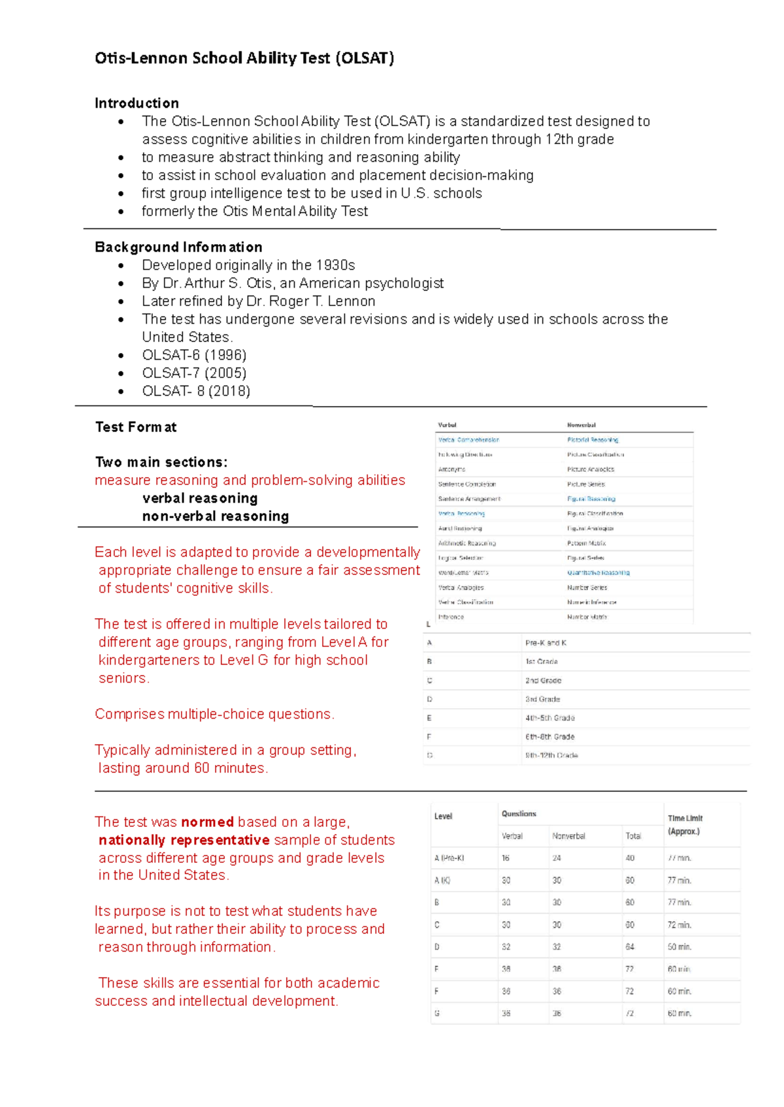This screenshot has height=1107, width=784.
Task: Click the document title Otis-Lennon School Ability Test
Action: [244, 58]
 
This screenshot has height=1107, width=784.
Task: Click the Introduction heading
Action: [137, 103]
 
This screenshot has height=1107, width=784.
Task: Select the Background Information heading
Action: [178, 247]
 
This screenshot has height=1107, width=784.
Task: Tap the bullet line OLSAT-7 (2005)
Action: [194, 373]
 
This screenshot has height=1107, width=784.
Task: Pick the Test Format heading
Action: [136, 427]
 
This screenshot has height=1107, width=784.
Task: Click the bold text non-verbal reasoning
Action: [216, 516]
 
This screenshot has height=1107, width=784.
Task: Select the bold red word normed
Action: [207, 822]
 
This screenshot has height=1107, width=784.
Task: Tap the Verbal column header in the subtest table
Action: [447, 425]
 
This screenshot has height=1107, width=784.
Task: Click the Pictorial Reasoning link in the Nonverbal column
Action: [593, 440]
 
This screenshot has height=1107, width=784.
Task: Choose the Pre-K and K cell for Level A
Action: [546, 643]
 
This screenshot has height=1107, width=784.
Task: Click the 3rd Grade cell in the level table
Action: [542, 699]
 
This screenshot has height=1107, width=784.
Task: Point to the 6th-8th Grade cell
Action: [549, 736]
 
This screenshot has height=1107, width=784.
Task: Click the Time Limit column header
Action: [685, 824]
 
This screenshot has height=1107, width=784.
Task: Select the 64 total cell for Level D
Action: [630, 946]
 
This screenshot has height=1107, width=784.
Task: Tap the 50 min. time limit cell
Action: [679, 946]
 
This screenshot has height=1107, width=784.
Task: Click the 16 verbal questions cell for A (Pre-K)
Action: [506, 858]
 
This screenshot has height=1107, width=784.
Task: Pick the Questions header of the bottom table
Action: [519, 814]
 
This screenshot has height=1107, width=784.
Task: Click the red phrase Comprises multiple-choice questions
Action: [214, 714]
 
